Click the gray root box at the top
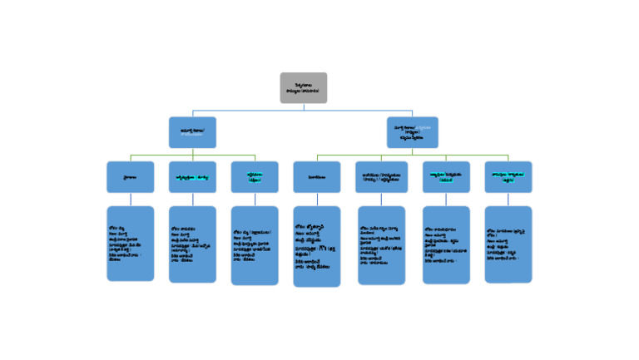tap(303, 88)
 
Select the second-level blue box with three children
tap(192, 132)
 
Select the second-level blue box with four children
tap(412, 132)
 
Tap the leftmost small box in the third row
tap(130, 177)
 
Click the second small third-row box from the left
tap(192, 177)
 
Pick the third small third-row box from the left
tap(255, 177)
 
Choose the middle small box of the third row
tap(316, 177)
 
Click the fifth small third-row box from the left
tap(381, 177)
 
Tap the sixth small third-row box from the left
tap(446, 177)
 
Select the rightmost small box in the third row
tap(508, 177)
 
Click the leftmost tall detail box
tap(130, 244)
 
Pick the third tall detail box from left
tap(255, 246)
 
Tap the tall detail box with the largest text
tap(316, 247)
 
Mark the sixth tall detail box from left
tap(446, 245)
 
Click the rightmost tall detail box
tap(508, 244)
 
